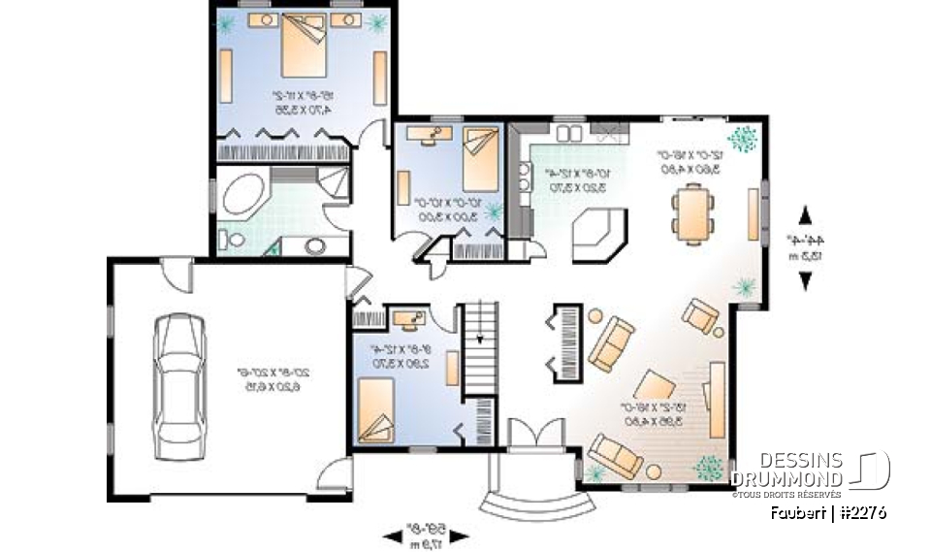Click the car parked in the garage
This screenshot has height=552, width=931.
tap(178, 378)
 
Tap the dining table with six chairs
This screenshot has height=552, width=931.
tap(692, 211)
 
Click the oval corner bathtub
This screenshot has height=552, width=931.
tap(239, 195)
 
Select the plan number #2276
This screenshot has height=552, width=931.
tap(859, 511)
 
